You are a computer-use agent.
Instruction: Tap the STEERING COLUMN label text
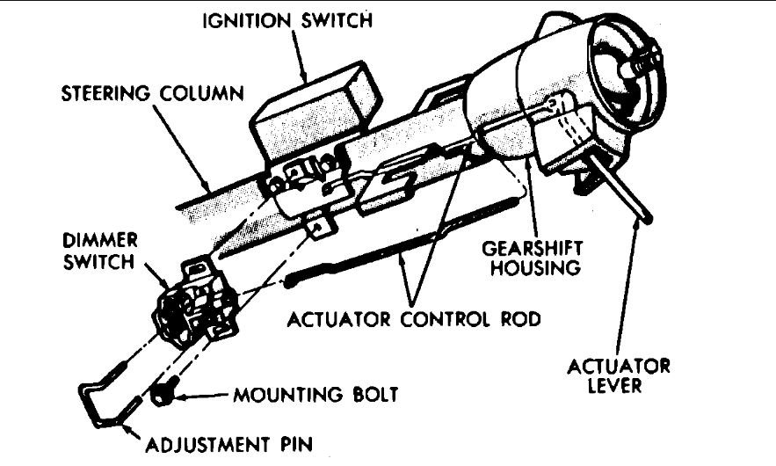[151, 91]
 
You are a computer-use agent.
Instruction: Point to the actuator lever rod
[620, 186]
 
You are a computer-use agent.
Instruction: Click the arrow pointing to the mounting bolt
[202, 396]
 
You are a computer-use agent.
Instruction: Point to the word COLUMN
[201, 91]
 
